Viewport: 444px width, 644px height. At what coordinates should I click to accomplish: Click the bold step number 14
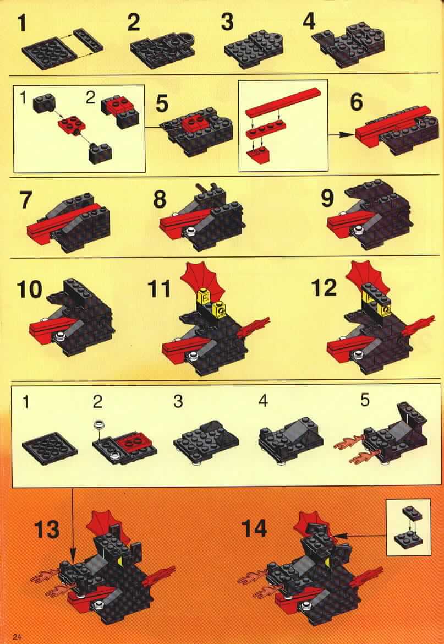click(x=254, y=528)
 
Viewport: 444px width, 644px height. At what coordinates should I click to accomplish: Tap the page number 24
click(x=17, y=637)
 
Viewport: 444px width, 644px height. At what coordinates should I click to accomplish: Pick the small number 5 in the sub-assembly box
click(x=365, y=400)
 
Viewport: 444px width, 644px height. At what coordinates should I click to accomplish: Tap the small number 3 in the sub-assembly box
click(x=178, y=401)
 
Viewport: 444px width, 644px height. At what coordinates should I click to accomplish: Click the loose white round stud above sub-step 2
click(x=98, y=425)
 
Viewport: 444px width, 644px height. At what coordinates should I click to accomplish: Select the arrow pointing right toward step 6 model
click(x=342, y=134)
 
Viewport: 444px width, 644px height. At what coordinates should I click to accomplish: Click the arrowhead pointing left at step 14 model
click(x=340, y=535)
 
